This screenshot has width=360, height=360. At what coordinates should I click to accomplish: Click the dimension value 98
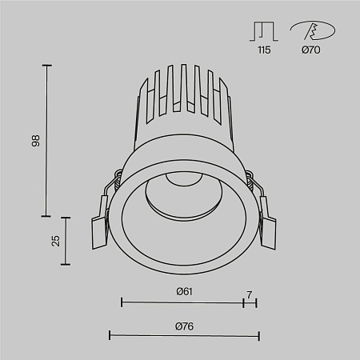pos(35,141)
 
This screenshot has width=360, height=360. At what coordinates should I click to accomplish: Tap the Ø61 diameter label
pos(184,291)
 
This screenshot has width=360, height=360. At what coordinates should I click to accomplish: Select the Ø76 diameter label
pos(184,326)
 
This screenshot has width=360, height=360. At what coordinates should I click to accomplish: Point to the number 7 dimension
pos(250,294)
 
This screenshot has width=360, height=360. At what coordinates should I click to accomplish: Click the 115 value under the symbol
pos(264,50)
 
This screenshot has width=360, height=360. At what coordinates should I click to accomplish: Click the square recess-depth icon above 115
pos(264,30)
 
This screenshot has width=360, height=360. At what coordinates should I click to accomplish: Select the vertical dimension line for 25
pos(66,240)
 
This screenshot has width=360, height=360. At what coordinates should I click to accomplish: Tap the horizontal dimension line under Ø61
pos(182,302)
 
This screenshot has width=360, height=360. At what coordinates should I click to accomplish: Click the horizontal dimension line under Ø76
pos(184,336)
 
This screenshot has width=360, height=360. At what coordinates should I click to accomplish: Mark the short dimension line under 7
pos(250,302)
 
